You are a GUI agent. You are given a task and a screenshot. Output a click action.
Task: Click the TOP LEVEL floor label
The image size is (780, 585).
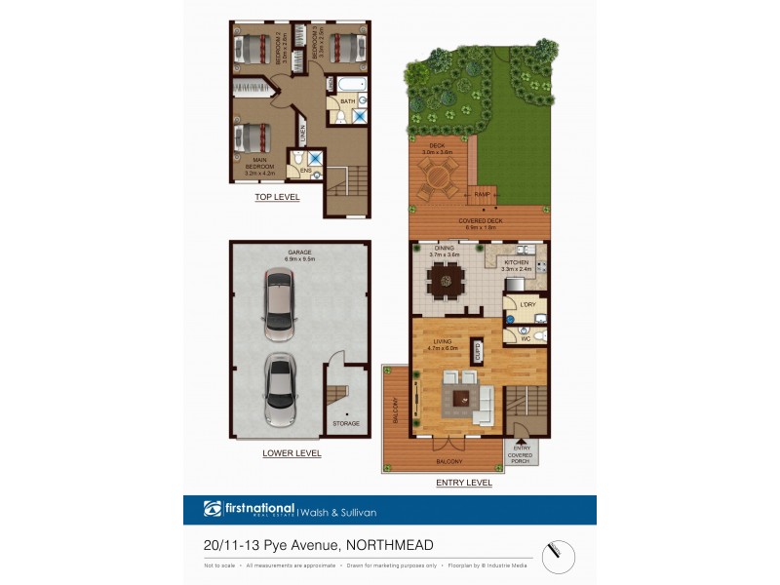277,197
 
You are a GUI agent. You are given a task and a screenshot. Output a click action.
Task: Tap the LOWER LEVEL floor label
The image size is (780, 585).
292,453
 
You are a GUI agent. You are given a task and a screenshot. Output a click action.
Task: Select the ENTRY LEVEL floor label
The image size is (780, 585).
464,483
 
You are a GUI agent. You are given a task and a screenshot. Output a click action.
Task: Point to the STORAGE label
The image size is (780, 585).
346,423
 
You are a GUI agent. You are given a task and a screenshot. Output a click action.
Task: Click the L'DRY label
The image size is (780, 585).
527,306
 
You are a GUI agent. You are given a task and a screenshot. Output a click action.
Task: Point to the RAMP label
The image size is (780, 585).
482,195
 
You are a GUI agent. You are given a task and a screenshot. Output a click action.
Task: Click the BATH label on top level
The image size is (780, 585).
347,101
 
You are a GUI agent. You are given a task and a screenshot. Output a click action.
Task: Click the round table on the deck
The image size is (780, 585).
438,176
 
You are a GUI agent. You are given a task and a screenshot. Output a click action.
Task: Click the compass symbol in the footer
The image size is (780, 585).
559,556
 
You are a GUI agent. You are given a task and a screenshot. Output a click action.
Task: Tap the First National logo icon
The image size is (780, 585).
213,509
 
